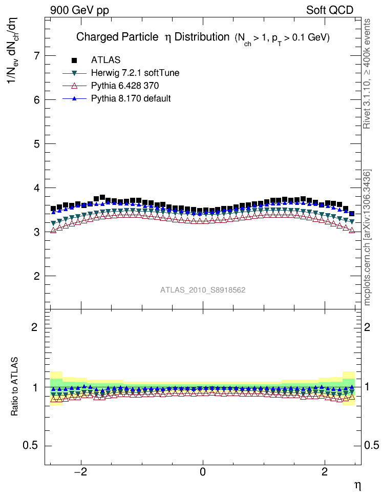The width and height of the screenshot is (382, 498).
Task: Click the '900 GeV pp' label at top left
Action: tap(79, 10)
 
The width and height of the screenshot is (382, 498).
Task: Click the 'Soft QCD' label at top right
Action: tap(330, 10)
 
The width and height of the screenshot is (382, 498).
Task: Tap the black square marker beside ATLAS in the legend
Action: tap(74, 60)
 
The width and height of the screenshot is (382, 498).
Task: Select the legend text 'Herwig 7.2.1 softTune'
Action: tap(135, 73)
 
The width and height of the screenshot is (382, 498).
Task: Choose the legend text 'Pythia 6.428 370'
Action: tap(127, 86)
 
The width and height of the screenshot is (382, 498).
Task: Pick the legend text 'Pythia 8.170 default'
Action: tap(131, 98)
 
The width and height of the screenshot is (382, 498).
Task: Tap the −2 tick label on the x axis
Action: tap(80, 471)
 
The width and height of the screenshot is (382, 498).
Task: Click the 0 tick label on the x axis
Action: tap(203, 471)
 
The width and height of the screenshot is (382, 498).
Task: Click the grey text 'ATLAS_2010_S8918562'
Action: tap(203, 290)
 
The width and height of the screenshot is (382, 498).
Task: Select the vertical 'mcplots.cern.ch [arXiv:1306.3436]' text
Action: tap(367, 238)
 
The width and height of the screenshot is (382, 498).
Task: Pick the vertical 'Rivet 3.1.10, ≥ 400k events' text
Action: tap(367, 74)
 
